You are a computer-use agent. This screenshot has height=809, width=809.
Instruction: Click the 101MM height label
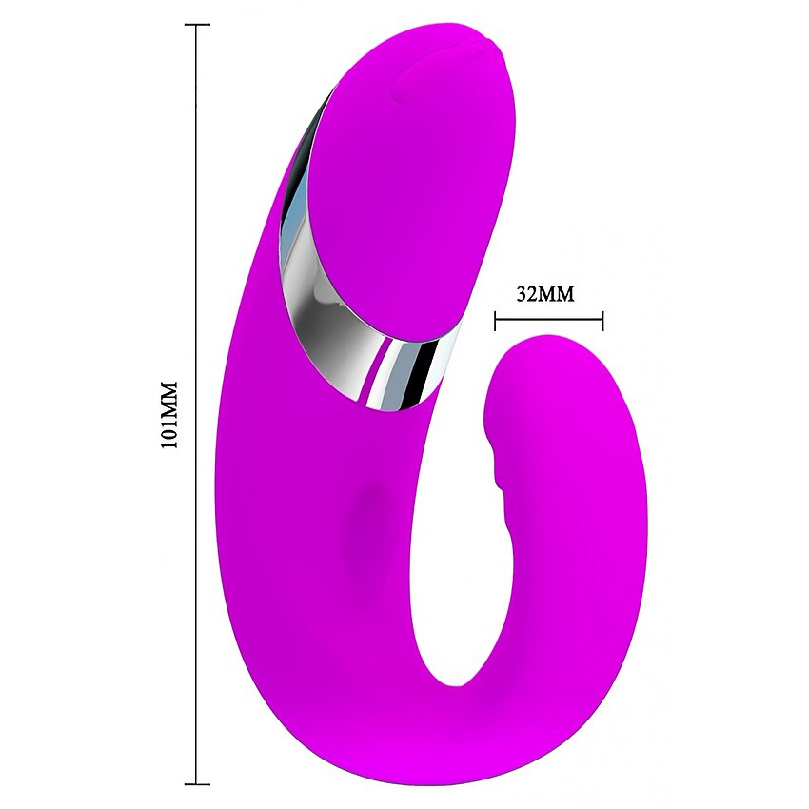(169, 415)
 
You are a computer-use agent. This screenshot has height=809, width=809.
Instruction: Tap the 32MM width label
(545, 294)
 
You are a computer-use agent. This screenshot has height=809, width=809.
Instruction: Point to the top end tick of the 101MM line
(197, 24)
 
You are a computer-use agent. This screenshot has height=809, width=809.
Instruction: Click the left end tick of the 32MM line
(495, 321)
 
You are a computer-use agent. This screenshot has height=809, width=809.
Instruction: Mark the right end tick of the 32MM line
(602, 321)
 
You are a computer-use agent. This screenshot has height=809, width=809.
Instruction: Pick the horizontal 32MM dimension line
(548, 321)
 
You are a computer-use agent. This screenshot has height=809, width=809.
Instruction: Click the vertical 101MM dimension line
(197, 404)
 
